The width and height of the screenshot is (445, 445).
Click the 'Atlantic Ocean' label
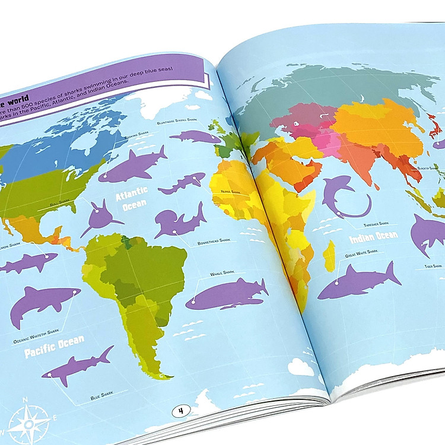pos(131,202)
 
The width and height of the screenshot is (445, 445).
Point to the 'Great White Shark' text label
pos(361,253)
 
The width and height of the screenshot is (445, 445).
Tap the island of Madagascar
pos(329,255)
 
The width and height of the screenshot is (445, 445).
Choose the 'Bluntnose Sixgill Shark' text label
pos(177,123)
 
